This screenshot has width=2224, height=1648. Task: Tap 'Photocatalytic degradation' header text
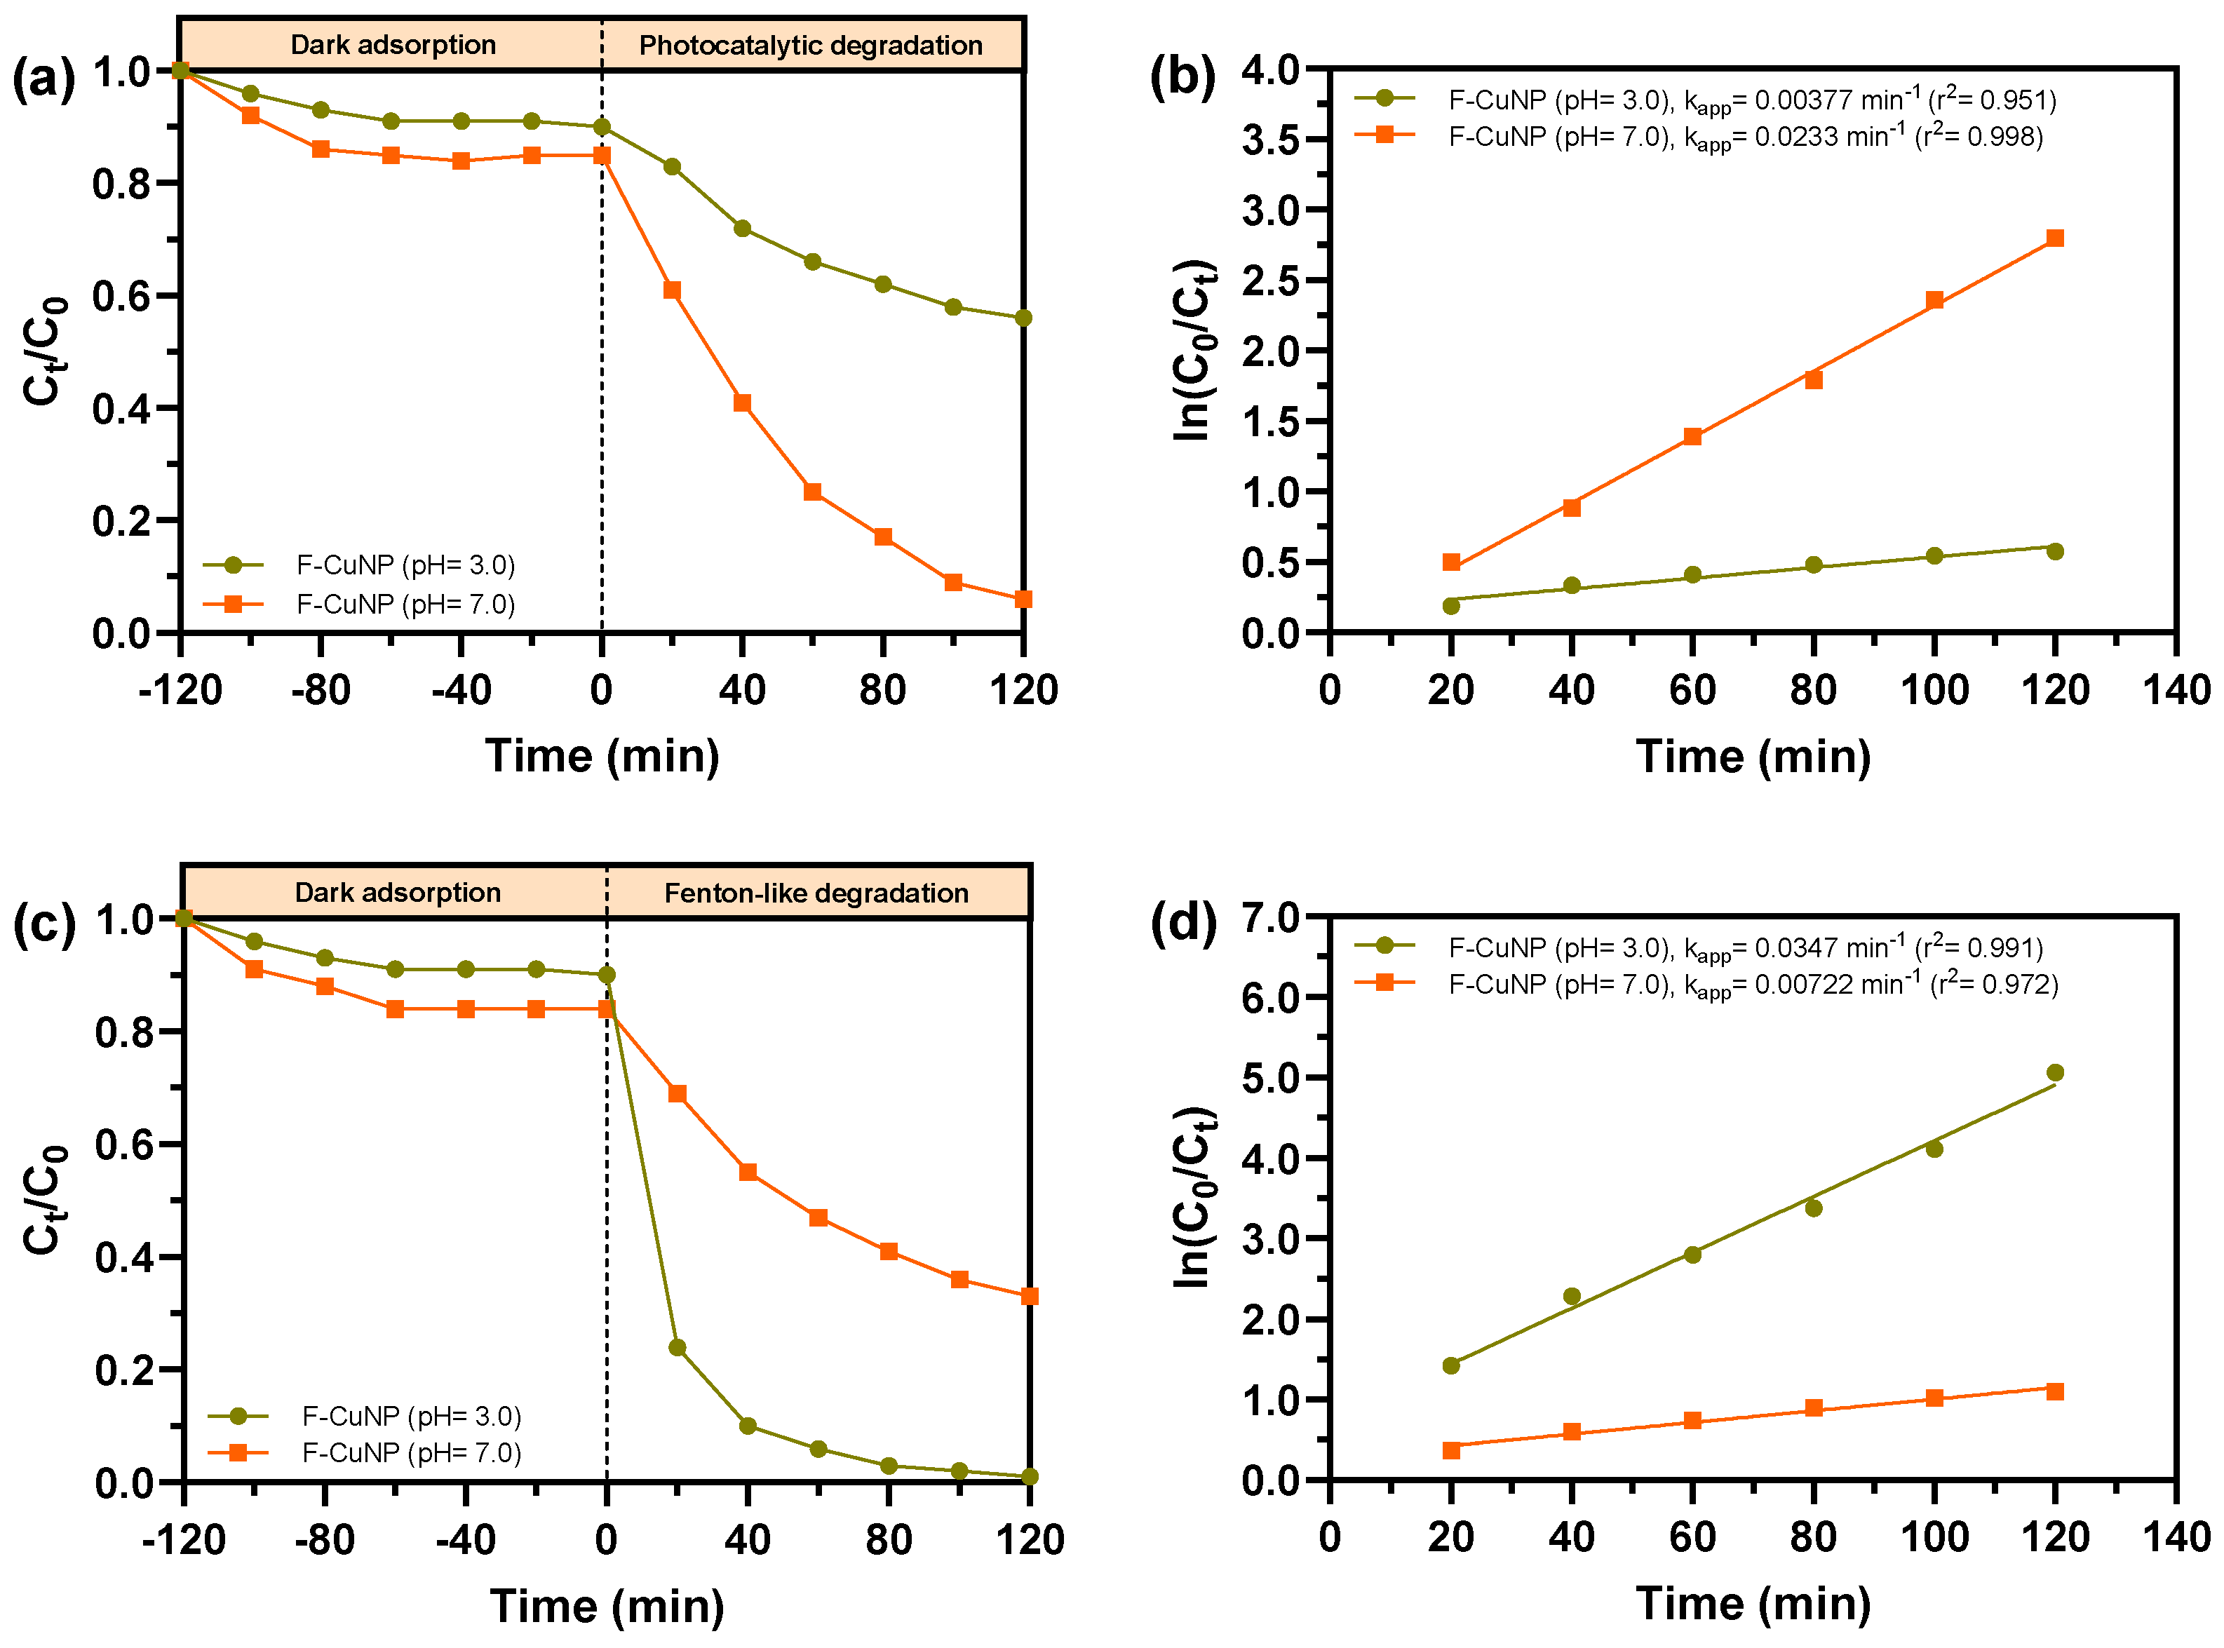810,46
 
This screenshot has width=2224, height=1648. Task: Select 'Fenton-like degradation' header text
816,893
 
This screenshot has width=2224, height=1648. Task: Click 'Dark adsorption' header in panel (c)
397,892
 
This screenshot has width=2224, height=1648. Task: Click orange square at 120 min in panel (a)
1023,600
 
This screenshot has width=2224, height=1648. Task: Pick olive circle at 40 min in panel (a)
742,229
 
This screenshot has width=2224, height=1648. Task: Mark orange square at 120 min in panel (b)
2054,238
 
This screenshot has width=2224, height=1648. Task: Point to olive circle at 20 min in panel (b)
1450,605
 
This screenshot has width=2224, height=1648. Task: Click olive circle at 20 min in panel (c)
678,1348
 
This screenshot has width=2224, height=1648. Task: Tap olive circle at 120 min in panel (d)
2054,1072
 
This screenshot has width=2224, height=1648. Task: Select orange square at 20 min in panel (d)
1450,1450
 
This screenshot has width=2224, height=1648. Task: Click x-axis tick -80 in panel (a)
321,690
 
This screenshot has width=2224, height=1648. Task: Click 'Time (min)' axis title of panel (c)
607,1606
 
